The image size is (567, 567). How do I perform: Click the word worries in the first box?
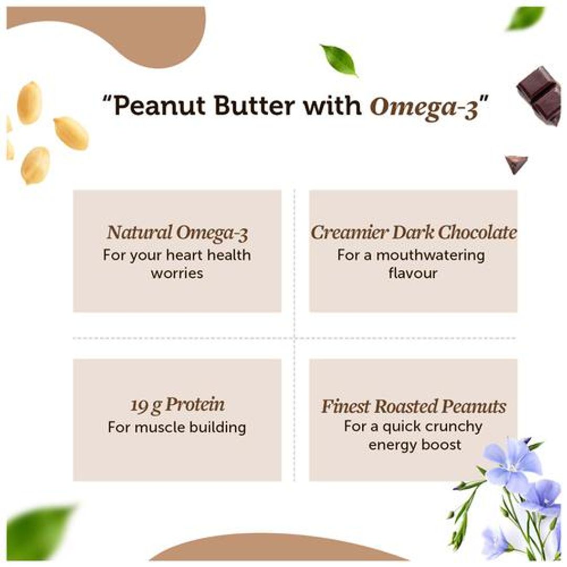177,273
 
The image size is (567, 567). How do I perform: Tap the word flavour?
413,273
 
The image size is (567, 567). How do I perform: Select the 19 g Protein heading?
177,405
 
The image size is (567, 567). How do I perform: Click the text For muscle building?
177,427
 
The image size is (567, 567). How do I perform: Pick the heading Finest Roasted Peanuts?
414,406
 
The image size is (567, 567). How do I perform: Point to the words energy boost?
415,445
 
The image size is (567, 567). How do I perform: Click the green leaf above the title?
339,59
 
